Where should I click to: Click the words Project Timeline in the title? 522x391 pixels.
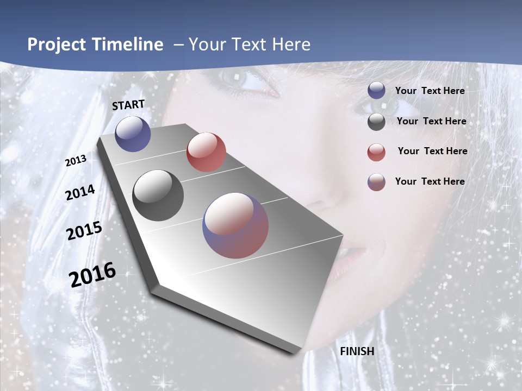point(95,45)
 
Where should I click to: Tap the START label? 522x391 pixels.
point(128,105)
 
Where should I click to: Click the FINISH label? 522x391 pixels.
point(357,351)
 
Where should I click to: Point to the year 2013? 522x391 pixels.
point(76,161)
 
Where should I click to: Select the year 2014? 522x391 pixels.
point(80,192)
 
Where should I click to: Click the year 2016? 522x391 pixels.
point(92,275)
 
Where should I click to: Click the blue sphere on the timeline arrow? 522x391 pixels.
point(133,134)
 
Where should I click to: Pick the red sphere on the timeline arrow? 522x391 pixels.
point(206,152)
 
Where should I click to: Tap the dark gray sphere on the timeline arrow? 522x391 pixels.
point(158,195)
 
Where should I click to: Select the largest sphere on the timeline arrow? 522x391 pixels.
point(235,225)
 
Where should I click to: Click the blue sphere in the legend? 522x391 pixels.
point(376,91)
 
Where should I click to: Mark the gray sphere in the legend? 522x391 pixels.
point(376,122)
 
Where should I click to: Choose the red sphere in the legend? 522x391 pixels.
point(376,152)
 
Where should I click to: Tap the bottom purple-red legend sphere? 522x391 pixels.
point(376,182)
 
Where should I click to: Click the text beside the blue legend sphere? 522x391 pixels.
point(430,91)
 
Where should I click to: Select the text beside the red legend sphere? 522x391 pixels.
point(432,151)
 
